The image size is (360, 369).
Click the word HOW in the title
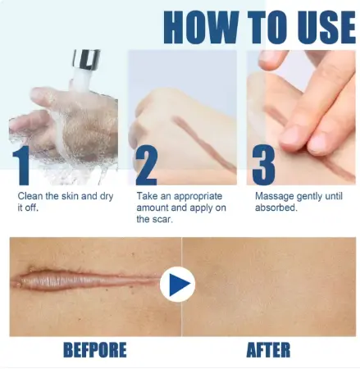pos(201,27)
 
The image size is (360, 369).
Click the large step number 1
pos(21,166)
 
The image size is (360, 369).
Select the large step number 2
pos(147,166)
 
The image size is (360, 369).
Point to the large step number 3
pos(263,166)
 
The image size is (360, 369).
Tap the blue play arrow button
pos(177,285)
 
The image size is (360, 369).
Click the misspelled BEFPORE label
pos(95,349)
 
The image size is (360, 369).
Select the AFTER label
pos(268,349)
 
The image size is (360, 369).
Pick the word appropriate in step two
pos(198,197)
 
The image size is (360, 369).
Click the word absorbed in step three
pos(276,207)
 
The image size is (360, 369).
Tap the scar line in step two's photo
pos(203,144)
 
